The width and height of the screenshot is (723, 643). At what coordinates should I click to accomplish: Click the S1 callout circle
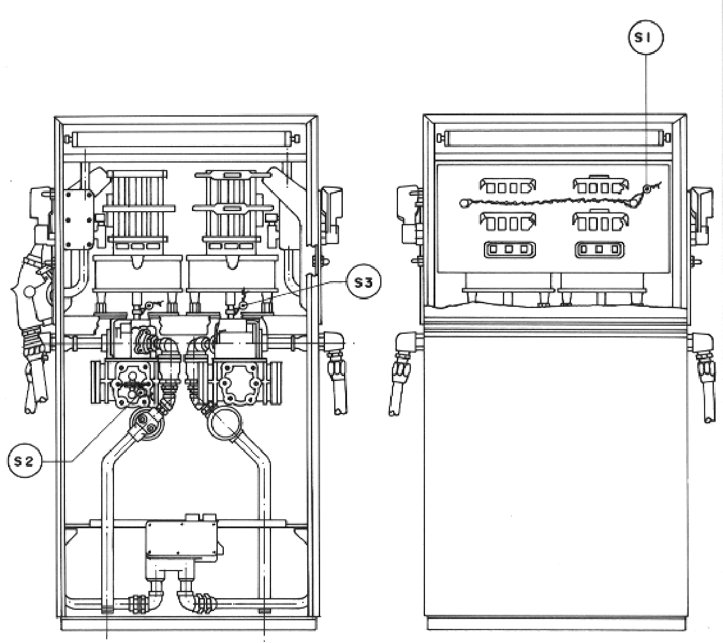[646, 38]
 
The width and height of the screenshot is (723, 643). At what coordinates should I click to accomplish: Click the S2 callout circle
[25, 460]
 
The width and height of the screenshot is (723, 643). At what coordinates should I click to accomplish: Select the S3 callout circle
[364, 282]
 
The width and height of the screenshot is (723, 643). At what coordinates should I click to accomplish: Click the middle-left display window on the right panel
[508, 222]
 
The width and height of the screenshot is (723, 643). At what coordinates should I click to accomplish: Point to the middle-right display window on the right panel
[600, 221]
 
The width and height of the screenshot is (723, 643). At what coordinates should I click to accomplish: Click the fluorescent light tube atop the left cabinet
[183, 139]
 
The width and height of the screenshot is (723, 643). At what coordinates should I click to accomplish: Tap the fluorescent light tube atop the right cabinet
[554, 137]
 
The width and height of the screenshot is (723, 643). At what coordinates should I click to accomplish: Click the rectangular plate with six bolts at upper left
[79, 220]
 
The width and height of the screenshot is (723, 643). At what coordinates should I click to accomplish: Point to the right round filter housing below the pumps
[224, 423]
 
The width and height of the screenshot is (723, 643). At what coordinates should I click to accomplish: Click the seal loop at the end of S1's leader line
[646, 188]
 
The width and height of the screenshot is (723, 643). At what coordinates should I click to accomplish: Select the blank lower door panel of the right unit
[555, 475]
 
